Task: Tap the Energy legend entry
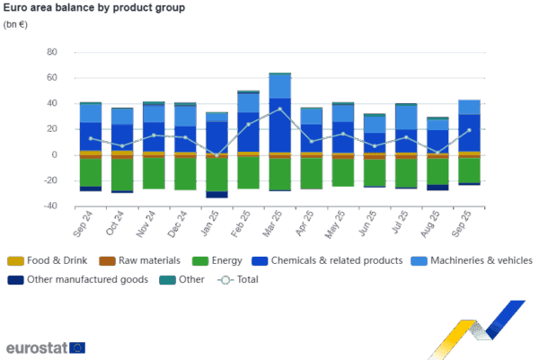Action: (221, 260)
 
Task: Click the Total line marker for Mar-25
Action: (279, 109)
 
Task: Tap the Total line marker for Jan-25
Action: (216, 155)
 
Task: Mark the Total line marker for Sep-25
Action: (468, 130)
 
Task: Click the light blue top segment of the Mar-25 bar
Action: (279, 85)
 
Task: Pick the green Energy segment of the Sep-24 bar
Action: (90, 172)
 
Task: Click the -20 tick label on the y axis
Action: (51, 180)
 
